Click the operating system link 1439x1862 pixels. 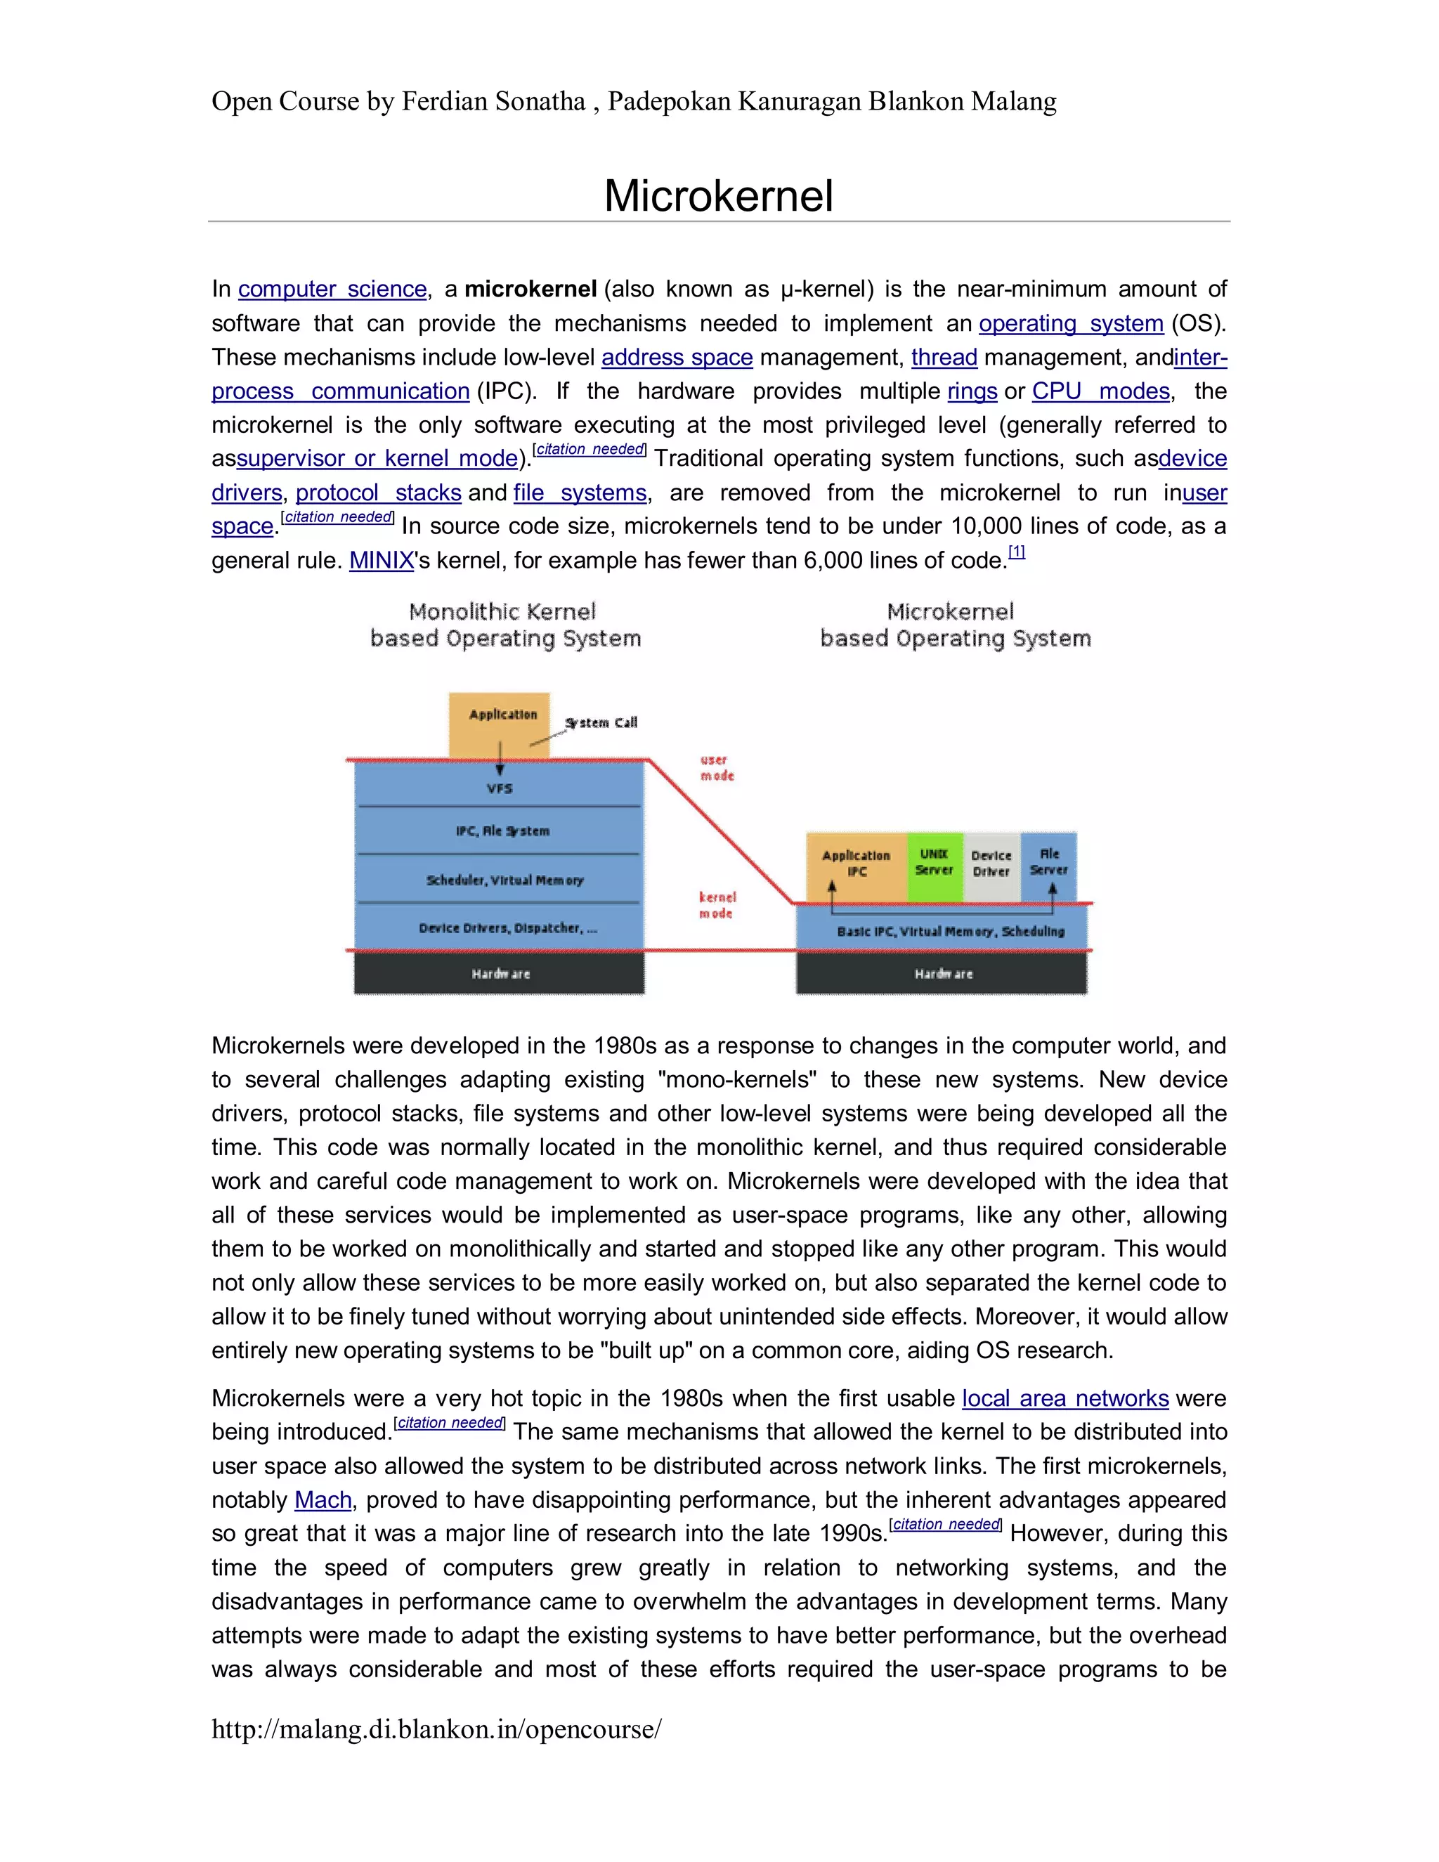click(x=1071, y=323)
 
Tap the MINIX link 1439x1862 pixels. click(x=381, y=561)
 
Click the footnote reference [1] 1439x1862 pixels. click(x=1016, y=552)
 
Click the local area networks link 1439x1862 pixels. click(x=1064, y=1398)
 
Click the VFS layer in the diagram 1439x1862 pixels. click(x=500, y=788)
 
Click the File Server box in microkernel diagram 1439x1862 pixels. click(x=1048, y=864)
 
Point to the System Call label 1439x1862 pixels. click(x=601, y=723)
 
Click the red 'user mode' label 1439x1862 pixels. click(x=716, y=767)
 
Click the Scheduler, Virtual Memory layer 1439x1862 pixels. click(x=504, y=879)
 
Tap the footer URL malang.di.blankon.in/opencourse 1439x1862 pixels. click(x=436, y=1730)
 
